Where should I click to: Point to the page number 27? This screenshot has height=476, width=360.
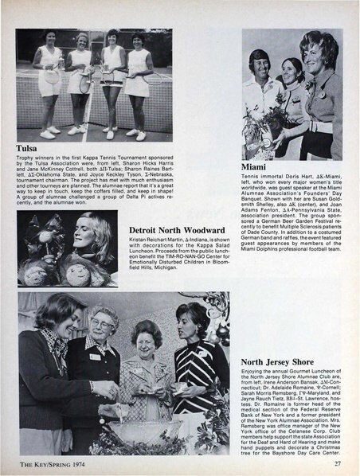(338, 465)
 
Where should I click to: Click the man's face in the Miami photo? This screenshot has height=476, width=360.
(259, 62)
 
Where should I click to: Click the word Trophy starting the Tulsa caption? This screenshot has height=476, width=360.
(25, 159)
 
